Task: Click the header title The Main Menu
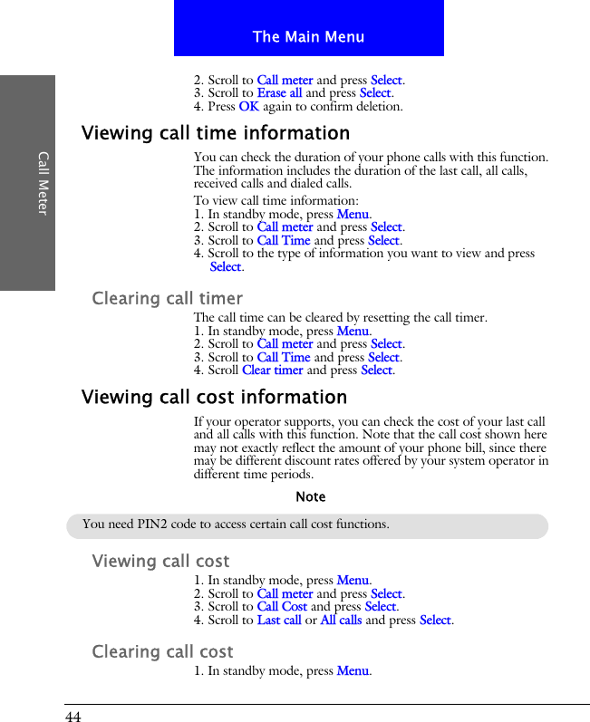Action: click(x=308, y=37)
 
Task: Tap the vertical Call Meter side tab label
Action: click(x=42, y=183)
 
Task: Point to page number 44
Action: click(x=73, y=717)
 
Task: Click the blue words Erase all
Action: click(x=279, y=93)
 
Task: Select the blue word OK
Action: click(x=248, y=107)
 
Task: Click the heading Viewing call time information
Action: click(x=216, y=133)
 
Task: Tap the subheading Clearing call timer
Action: click(x=168, y=298)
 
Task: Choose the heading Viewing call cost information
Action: click(x=214, y=397)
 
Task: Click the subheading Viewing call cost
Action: click(x=160, y=561)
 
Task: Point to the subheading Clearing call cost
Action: click(x=162, y=651)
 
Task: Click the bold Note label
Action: click(x=310, y=497)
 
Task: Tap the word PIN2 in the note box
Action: click(x=167, y=524)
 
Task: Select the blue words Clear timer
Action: click(x=272, y=371)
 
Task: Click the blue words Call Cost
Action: click(x=282, y=607)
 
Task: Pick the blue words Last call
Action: click(x=279, y=621)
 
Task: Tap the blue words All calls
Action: click(x=341, y=621)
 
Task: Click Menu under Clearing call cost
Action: click(x=353, y=671)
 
